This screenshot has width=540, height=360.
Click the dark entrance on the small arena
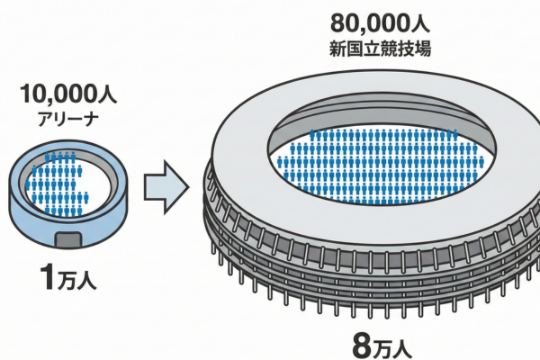click(x=67, y=240)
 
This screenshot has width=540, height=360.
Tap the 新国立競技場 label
click(x=380, y=47)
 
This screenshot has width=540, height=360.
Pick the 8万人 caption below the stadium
click(x=379, y=343)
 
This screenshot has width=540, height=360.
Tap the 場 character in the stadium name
click(x=421, y=47)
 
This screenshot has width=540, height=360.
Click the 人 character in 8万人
click(x=407, y=344)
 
